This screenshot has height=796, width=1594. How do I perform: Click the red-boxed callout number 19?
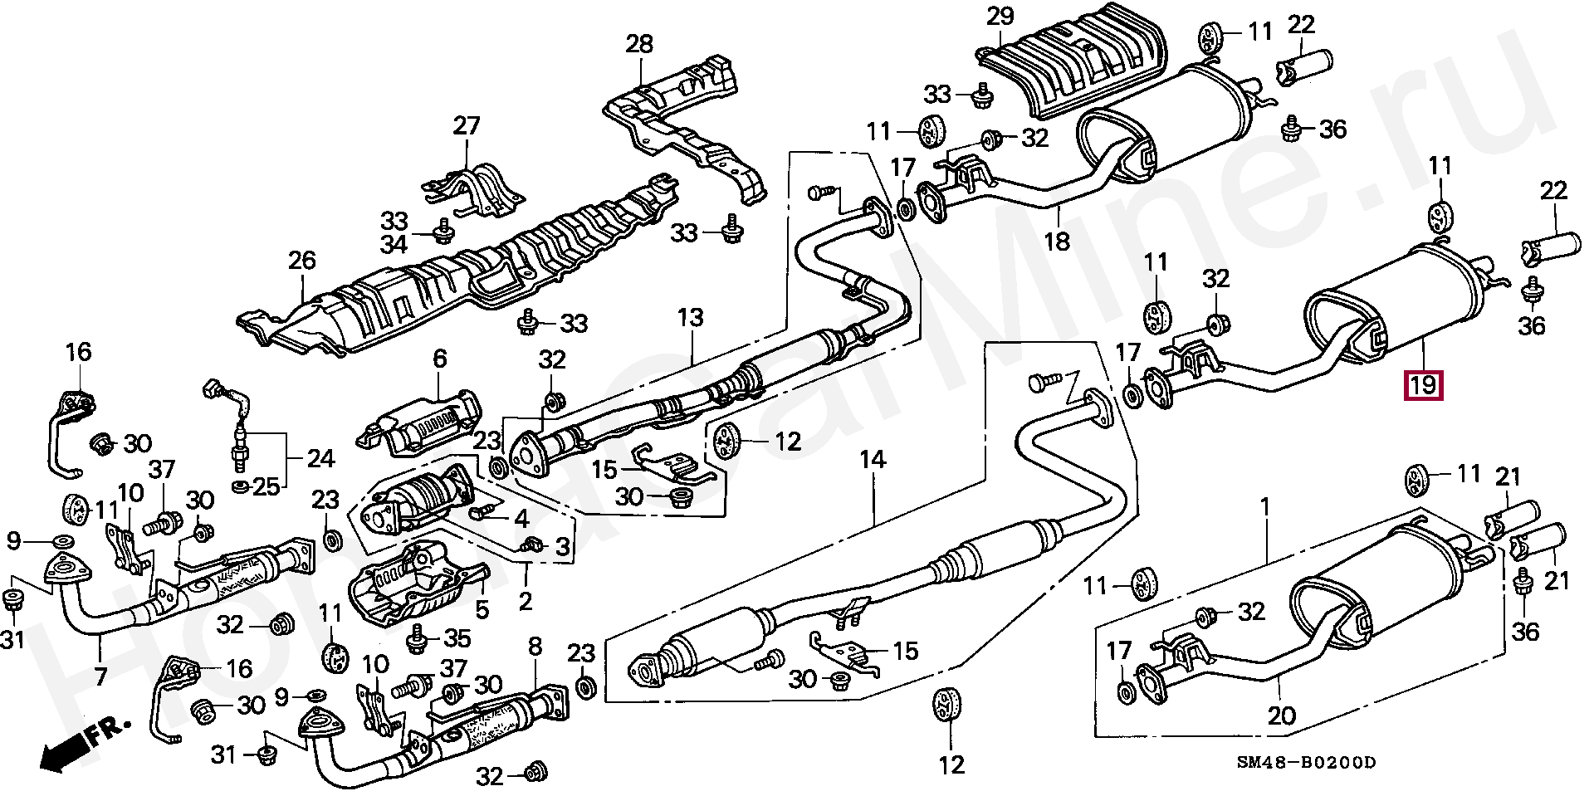[1423, 385]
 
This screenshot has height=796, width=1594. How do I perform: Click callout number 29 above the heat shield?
[1000, 17]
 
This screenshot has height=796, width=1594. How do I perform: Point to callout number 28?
[639, 44]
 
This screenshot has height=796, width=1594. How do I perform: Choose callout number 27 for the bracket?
[467, 126]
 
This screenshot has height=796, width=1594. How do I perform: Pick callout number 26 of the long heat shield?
[302, 261]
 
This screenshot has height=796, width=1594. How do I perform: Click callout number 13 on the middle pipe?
[690, 317]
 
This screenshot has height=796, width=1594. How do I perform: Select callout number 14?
[873, 459]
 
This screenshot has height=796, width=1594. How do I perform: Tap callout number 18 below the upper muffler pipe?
[1057, 242]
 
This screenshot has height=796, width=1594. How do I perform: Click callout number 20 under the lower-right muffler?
[1281, 715]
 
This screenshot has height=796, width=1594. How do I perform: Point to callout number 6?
[439, 359]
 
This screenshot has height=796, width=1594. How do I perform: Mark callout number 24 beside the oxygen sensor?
[320, 458]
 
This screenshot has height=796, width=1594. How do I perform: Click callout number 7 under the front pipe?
[100, 676]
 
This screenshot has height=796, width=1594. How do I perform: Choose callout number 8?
[535, 647]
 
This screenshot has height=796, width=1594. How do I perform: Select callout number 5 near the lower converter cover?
[482, 610]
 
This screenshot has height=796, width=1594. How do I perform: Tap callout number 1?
[1265, 505]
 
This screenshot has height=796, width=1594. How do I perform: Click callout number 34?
[394, 245]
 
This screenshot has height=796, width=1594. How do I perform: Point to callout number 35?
[457, 638]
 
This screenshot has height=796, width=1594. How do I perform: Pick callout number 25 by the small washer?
[266, 487]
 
